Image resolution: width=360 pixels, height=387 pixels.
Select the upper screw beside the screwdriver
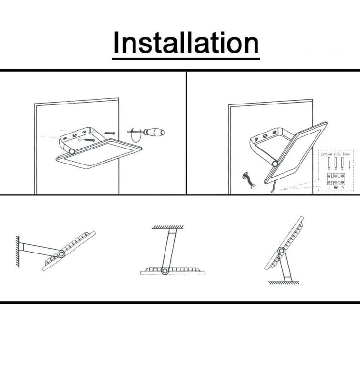[110, 132]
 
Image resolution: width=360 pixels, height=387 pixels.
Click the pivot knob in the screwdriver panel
[71, 151]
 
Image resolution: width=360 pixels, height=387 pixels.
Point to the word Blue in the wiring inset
[346, 154]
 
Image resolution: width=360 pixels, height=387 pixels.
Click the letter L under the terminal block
[330, 187]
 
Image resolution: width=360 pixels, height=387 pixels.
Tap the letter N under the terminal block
[343, 187]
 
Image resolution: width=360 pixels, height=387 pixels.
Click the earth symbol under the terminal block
[336, 187]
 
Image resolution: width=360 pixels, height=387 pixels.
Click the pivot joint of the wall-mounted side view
[61, 254]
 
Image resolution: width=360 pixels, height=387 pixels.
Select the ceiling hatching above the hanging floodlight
[168, 227]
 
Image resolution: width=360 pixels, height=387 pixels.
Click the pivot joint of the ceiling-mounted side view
[165, 271]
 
